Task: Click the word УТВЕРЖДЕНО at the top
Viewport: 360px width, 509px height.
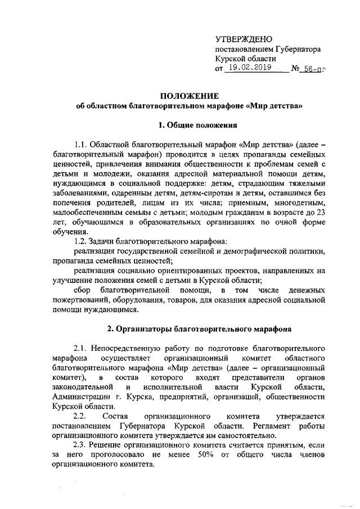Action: [x=244, y=39]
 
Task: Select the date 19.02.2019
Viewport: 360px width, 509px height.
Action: [x=249, y=69]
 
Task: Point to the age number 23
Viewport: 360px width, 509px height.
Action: [x=321, y=213]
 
